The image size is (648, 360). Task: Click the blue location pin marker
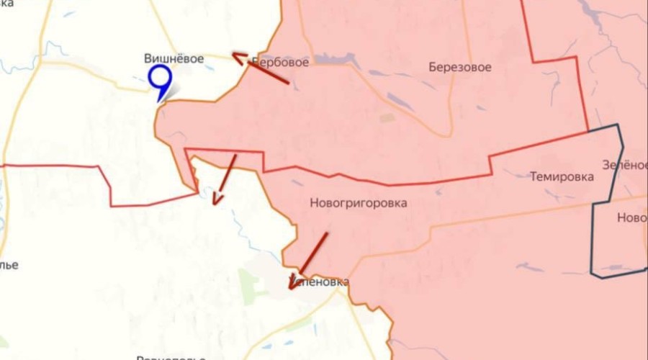pos(160,78)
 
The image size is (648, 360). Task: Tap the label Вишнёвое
pos(174,59)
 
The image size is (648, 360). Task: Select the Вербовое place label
pos(281,62)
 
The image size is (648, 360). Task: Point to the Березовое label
pos(460,67)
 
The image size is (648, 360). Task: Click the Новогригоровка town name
pos(358,203)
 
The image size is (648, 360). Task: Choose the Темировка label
pos(562,176)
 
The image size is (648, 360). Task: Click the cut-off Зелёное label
pos(624,164)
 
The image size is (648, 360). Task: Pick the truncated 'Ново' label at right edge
pos(631,217)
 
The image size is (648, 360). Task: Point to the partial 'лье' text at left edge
pos(9,264)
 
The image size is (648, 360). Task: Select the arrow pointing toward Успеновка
pos(310,258)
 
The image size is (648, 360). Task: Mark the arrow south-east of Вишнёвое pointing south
pos(225,180)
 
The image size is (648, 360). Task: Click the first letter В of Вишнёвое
pos(148,59)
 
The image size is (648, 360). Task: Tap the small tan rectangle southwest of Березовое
pos(387,117)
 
